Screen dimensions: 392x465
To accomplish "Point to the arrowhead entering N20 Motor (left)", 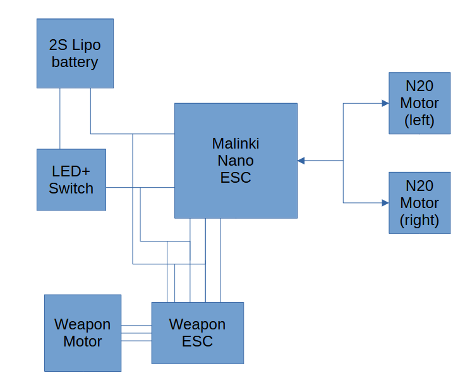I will [385, 103].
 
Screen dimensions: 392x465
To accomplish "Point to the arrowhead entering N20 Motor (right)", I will [385, 203].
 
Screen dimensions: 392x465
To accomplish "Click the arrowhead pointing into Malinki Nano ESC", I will [301, 161].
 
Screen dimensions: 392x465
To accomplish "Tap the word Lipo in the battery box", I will [87, 45].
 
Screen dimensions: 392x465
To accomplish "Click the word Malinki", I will [236, 144].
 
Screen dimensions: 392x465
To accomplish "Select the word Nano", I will [236, 161].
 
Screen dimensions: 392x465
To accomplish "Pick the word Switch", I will [71, 188].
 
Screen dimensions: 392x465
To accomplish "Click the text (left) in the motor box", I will [420, 121].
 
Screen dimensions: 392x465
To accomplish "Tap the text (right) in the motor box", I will [420, 221].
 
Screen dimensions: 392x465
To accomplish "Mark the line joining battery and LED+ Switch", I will [60, 119].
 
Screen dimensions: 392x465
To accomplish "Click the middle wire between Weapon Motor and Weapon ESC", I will [136, 333].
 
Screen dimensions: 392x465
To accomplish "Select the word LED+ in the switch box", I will [71, 171].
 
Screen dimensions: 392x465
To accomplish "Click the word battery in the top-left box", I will [75, 62].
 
